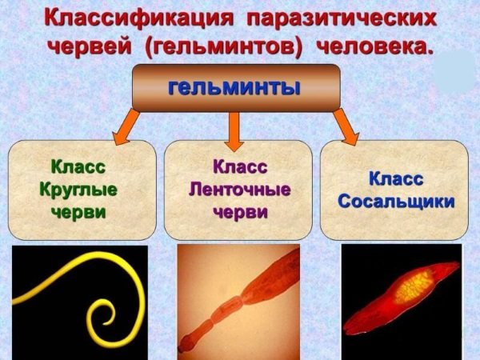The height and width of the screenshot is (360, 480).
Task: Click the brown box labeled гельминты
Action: coord(235,87)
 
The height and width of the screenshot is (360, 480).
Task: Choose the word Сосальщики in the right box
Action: coord(395,201)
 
